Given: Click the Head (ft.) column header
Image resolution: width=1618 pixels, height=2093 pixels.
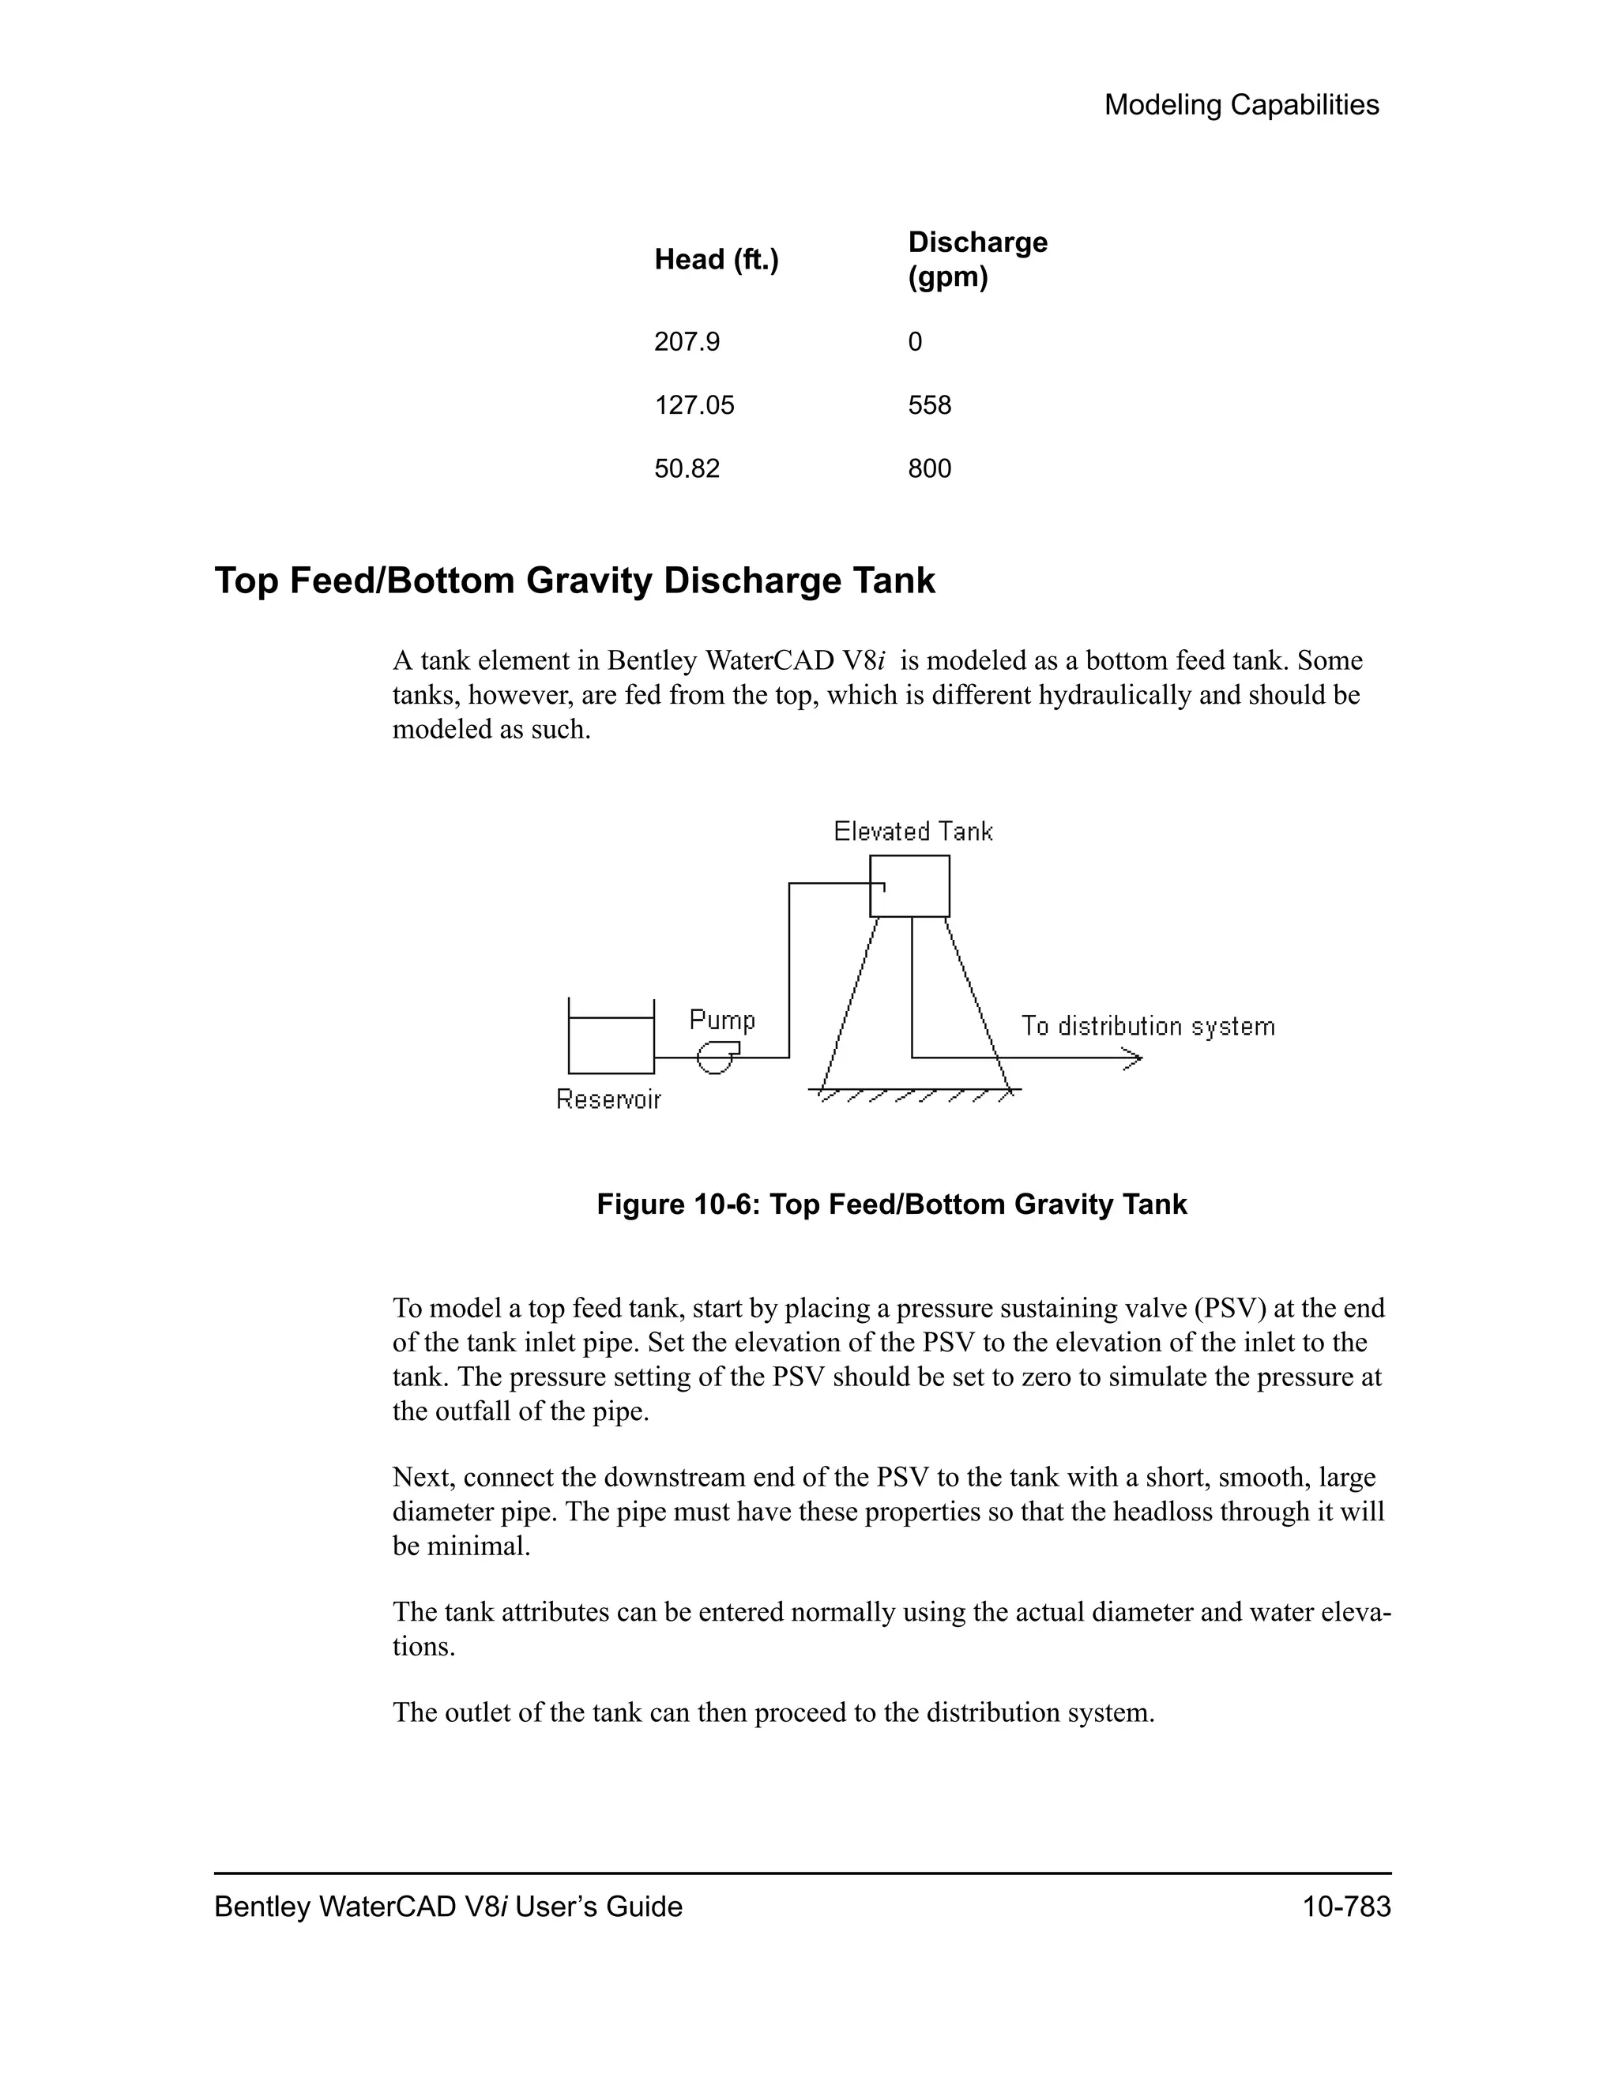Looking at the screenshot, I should (716, 260).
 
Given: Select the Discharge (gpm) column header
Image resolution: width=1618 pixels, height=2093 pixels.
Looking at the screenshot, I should (976, 260).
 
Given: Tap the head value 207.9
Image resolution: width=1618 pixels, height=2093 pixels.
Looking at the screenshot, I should (687, 342).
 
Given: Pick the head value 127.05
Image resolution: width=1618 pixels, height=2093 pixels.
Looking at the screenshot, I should (694, 405).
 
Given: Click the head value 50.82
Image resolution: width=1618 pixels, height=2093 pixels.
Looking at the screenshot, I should (687, 468).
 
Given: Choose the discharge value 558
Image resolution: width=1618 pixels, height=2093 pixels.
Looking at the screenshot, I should (929, 405).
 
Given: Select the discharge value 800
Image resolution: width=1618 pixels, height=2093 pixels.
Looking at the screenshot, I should (929, 468).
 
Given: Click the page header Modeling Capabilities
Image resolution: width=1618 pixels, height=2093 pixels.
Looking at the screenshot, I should (1240, 104).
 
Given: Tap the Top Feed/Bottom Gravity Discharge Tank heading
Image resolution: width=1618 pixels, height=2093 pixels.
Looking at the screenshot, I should (574, 581).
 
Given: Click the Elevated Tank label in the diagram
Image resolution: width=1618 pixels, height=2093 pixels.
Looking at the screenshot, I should (912, 831).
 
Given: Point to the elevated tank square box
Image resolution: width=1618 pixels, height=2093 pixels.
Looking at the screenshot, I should (909, 886).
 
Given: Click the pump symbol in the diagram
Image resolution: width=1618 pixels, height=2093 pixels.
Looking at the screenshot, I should (715, 1056).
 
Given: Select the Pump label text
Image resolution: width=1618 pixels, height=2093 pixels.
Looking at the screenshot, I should (722, 1020).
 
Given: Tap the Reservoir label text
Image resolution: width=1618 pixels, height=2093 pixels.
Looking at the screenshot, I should (608, 1099).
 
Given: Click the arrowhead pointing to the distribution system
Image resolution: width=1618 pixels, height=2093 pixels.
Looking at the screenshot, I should (1133, 1058).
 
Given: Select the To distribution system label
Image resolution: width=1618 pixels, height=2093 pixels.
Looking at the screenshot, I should (1147, 1027).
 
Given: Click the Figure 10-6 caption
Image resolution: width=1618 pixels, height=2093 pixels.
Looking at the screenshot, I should (891, 1204).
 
